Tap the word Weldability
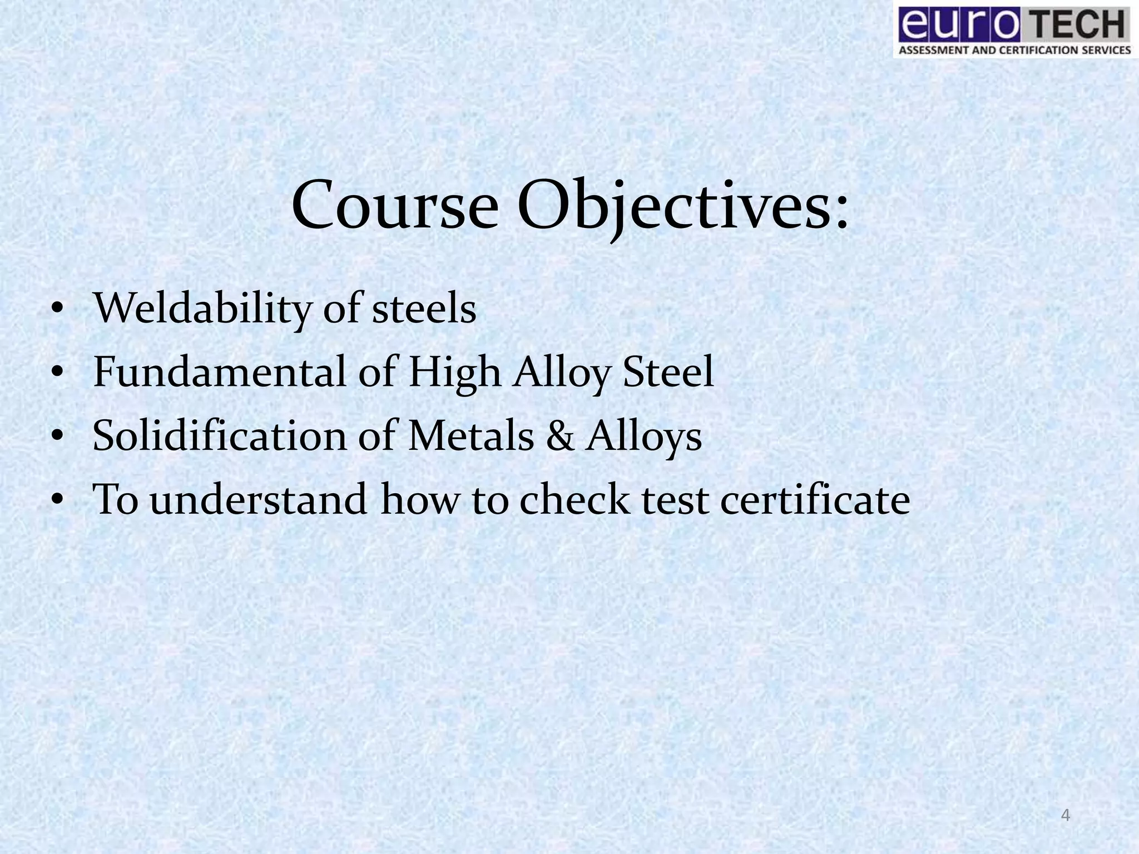pyautogui.click(x=201, y=309)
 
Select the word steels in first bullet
pyautogui.click(x=424, y=309)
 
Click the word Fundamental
pyautogui.click(x=220, y=372)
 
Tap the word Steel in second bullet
pyautogui.click(x=668, y=372)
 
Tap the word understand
pyautogui.click(x=259, y=499)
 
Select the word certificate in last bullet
pyautogui.click(x=815, y=499)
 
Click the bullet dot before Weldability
pyautogui.click(x=56, y=311)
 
